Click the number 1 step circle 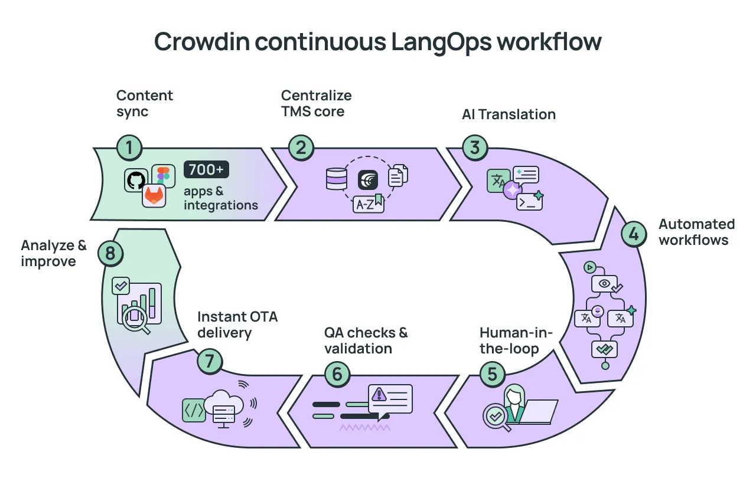129,148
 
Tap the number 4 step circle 634,235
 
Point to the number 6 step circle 337,373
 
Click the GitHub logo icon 136,180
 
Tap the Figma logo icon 164,176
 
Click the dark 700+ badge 206,170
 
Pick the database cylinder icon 337,179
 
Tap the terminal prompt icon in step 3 529,202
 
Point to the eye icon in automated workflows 604,283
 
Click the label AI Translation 509,114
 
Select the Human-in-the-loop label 516,340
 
